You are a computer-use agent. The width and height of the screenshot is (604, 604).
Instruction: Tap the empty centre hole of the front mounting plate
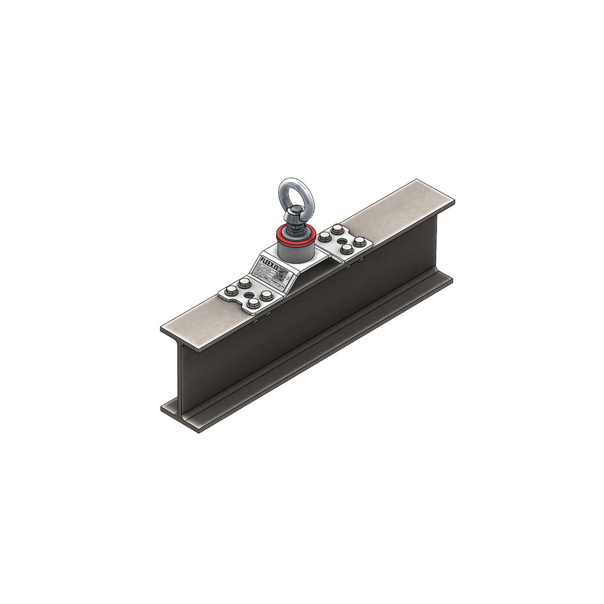coord(254,293)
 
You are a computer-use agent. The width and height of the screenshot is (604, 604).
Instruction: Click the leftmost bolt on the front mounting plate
coord(228,293)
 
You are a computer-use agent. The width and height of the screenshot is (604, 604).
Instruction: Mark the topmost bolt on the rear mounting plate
coord(335,228)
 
